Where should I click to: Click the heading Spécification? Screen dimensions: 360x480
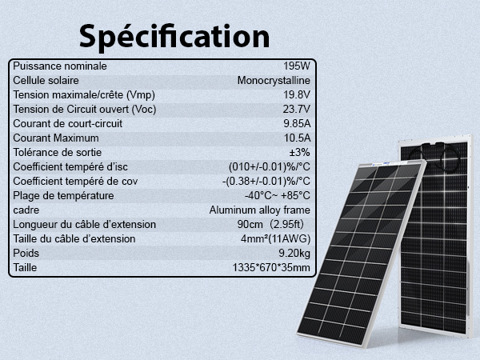click(174, 36)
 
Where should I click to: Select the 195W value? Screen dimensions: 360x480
click(297, 66)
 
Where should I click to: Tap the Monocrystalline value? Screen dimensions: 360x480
click(274, 81)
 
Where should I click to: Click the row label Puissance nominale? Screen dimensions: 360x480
click(60, 66)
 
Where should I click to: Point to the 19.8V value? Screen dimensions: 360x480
click(297, 95)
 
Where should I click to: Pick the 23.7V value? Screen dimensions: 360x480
click(297, 110)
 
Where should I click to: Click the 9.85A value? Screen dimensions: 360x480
click(297, 124)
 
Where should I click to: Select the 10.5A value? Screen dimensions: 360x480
click(297, 138)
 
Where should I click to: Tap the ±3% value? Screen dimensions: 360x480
click(299, 153)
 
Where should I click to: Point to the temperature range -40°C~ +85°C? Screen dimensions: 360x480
click(278, 196)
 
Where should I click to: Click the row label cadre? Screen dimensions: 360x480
click(27, 210)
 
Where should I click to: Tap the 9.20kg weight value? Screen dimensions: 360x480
click(292, 254)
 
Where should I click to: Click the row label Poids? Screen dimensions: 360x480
click(27, 254)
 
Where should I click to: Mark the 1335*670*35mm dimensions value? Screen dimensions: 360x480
click(270, 267)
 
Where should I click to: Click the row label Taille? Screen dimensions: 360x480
click(26, 267)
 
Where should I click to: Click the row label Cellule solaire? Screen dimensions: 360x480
click(49, 81)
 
